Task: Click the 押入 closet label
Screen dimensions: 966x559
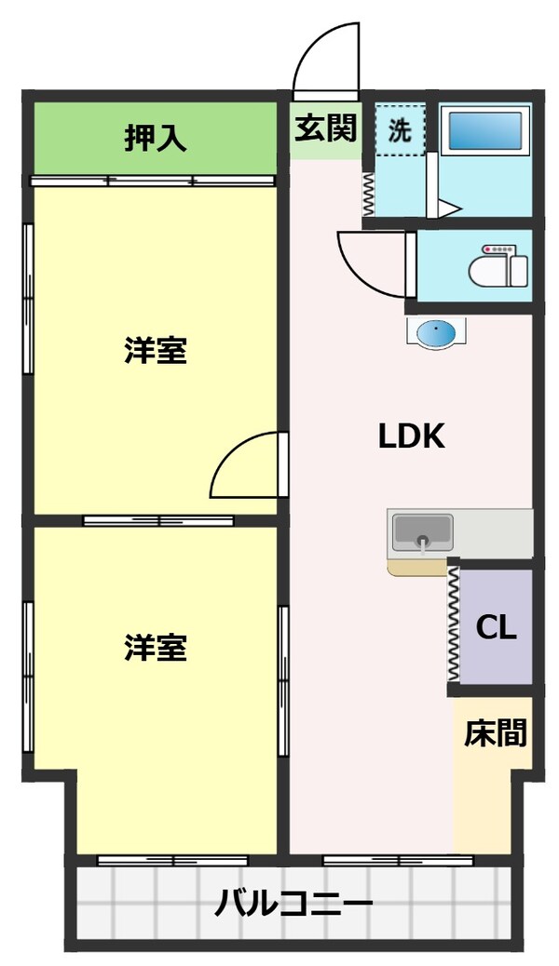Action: click(156, 139)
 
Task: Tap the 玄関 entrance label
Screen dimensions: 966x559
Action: click(325, 129)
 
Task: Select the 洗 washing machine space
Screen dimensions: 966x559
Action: click(400, 130)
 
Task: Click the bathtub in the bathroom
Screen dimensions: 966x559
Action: click(484, 131)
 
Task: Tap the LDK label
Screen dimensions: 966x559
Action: click(411, 436)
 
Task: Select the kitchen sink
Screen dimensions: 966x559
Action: click(422, 533)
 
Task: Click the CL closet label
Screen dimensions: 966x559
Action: click(496, 627)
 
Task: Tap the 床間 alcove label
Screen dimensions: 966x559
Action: click(495, 733)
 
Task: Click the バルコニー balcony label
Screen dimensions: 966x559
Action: click(294, 902)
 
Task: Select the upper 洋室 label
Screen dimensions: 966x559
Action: click(156, 351)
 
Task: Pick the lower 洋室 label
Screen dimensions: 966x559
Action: click(156, 648)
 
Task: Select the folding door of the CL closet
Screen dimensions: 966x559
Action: click(454, 624)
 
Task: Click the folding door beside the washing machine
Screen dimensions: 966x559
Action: click(368, 195)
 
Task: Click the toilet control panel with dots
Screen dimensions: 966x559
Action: click(499, 249)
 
